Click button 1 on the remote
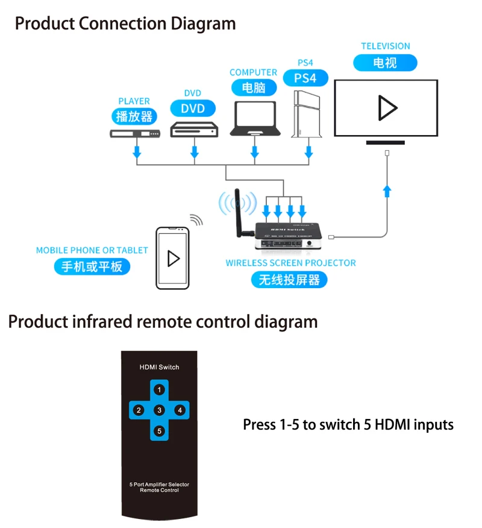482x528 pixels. coord(160,389)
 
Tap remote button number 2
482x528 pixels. coord(139,410)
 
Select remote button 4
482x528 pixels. coord(180,410)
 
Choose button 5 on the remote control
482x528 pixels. coord(159,431)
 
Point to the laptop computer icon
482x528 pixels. coord(254,119)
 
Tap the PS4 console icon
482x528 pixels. coord(304,116)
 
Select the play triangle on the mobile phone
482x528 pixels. coord(174,258)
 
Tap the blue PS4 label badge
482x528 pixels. coord(305,78)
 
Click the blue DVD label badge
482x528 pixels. coord(193,109)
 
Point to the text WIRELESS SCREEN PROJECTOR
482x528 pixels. coord(290,263)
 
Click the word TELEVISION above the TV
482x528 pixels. coord(386,46)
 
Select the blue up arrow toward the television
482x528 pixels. coord(387,191)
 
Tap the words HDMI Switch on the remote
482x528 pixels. coord(159,367)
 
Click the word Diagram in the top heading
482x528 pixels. coord(203,24)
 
